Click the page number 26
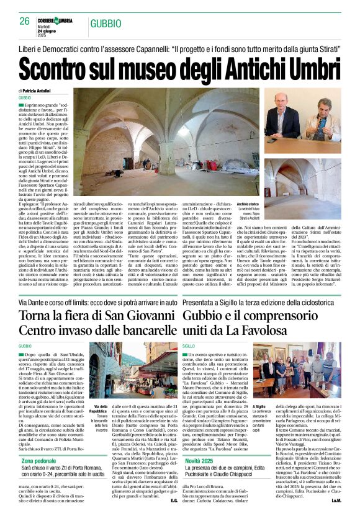coord(25,21)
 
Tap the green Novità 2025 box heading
coord(204,461)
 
